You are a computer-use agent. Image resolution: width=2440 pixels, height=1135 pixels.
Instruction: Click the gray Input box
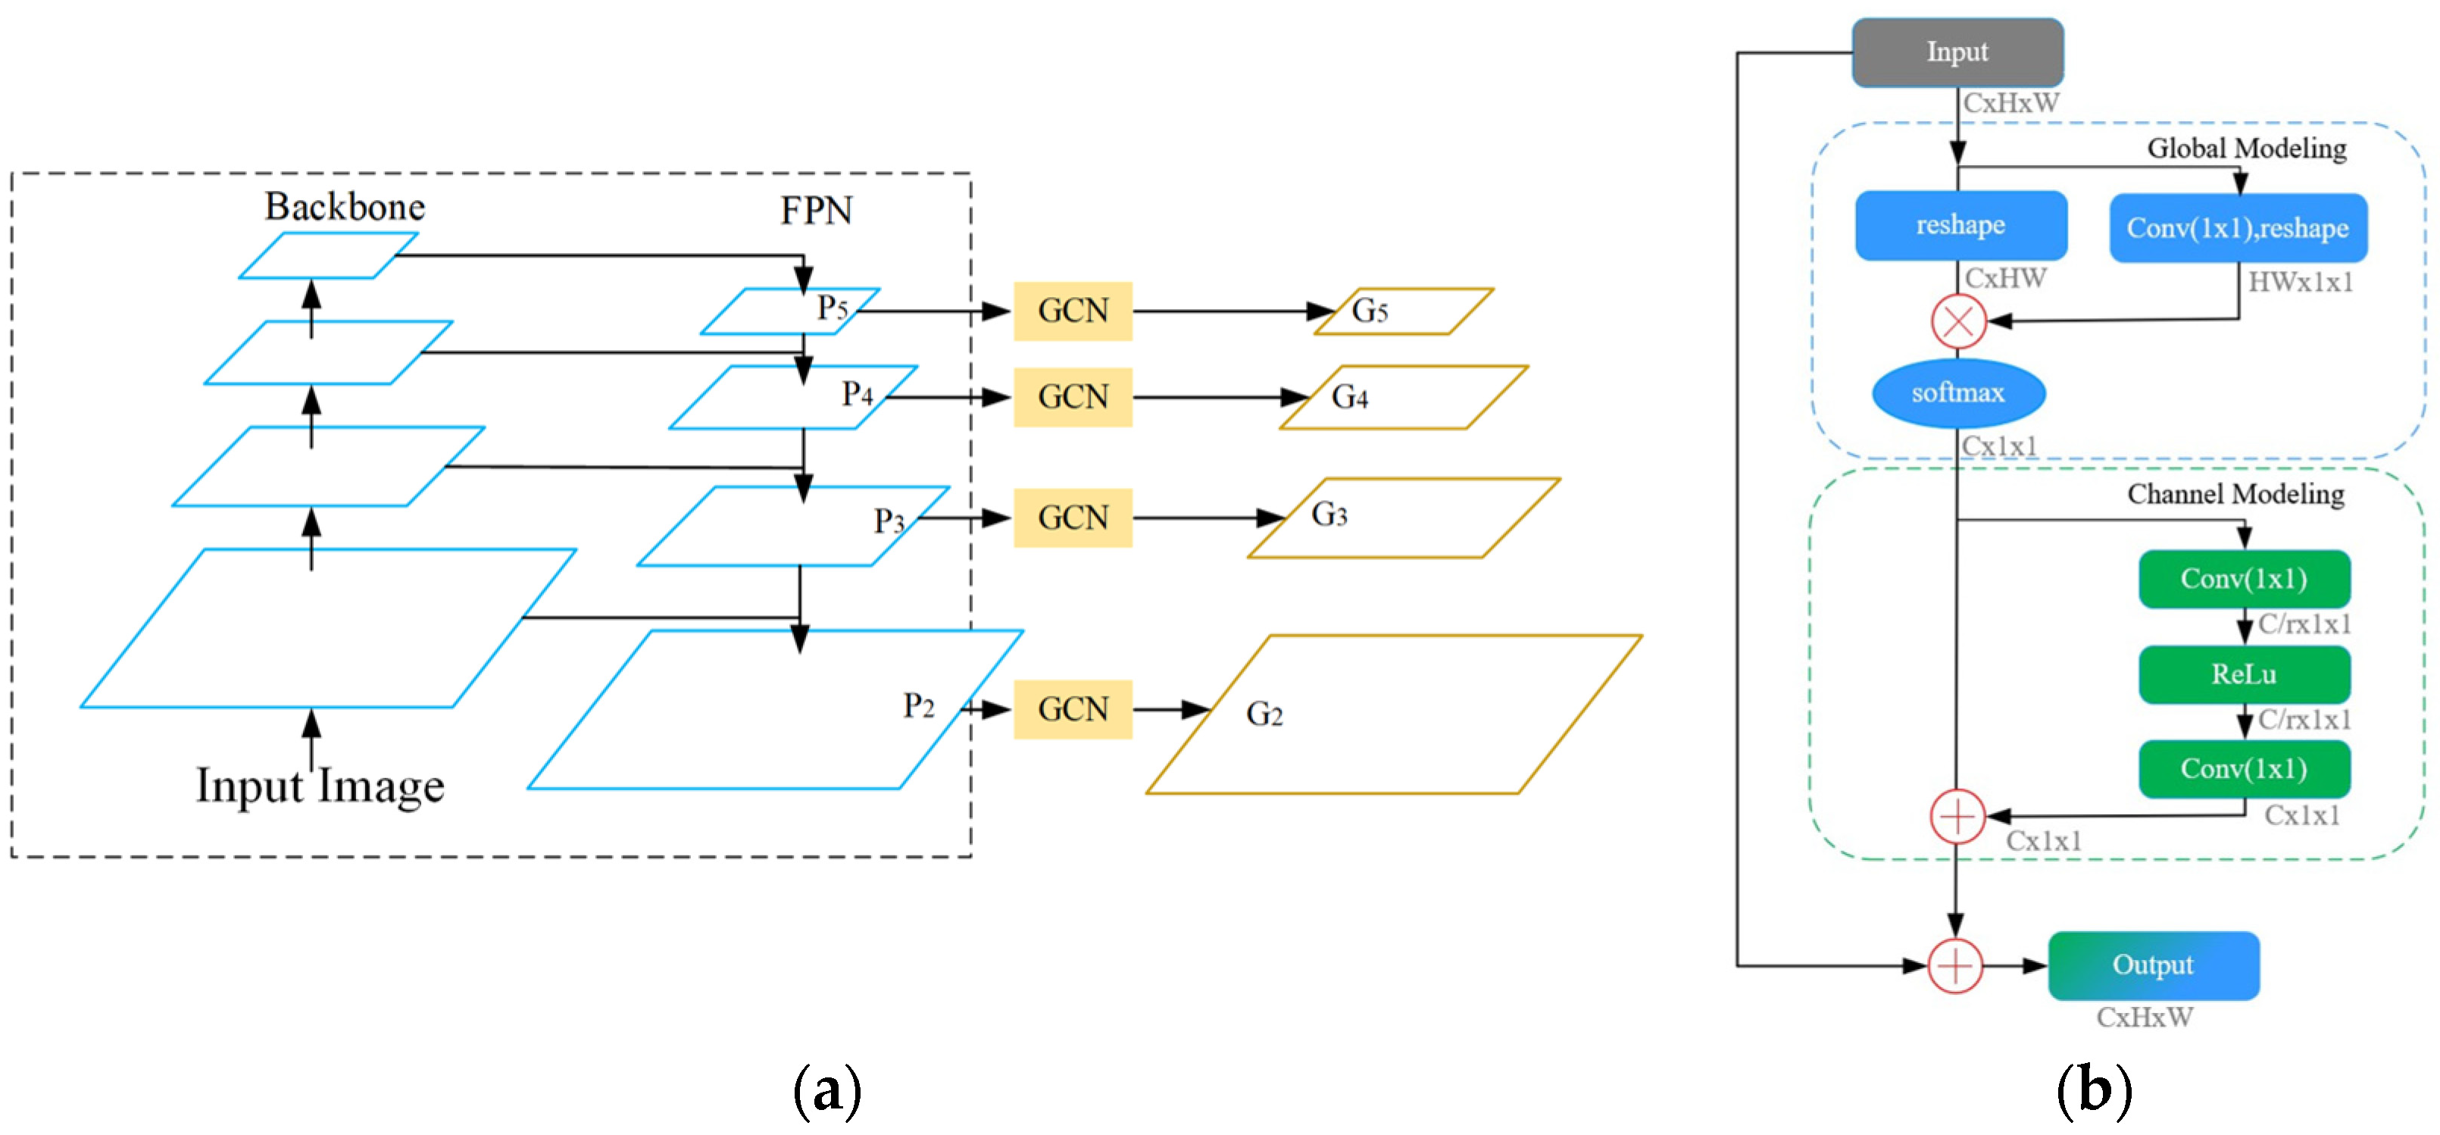point(1957,52)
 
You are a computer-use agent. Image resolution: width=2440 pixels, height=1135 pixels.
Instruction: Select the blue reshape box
point(1960,226)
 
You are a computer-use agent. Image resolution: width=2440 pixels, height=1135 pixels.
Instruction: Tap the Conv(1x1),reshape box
point(2237,228)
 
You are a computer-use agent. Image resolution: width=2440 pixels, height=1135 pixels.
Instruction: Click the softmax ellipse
point(1958,393)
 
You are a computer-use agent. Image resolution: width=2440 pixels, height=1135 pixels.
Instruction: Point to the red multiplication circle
point(1958,321)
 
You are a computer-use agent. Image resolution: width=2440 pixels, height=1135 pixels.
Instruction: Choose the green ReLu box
point(2243,674)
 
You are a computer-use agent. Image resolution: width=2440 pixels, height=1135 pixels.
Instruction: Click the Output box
point(2152,965)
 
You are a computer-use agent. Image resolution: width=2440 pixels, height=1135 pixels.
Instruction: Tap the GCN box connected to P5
point(1072,311)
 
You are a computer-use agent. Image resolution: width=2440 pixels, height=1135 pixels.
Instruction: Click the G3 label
point(1329,514)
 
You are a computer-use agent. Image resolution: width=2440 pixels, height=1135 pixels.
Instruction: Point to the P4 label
point(858,394)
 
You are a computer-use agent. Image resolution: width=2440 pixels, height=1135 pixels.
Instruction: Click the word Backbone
point(345,207)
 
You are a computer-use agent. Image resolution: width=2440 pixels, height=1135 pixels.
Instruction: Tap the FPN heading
point(816,211)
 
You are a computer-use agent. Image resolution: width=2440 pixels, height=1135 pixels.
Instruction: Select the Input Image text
point(320,786)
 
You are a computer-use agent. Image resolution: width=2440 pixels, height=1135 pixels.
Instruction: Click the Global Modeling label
point(2246,149)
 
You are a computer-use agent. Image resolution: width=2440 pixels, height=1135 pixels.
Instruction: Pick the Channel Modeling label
point(2235,495)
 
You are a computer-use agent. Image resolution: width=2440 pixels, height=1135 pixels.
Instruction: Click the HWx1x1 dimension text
point(2300,283)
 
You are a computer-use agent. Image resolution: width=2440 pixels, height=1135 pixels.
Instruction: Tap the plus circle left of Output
point(1955,965)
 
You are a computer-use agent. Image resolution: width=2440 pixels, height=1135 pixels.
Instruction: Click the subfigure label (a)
point(827,1090)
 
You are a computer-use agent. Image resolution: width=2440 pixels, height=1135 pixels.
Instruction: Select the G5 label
point(1369,311)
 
